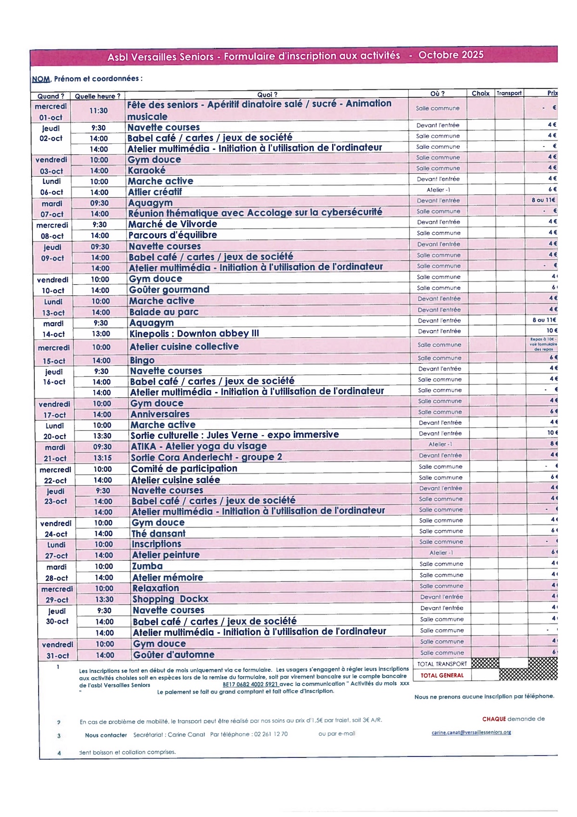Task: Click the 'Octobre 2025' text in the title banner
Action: (x=451, y=55)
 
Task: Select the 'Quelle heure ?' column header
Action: (x=98, y=96)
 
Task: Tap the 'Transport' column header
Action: (x=509, y=93)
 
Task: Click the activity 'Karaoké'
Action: (x=147, y=170)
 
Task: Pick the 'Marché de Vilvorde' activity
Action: (x=173, y=224)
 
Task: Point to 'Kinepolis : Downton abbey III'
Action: (x=194, y=333)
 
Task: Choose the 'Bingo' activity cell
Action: (x=142, y=360)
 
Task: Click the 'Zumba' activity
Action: (x=148, y=566)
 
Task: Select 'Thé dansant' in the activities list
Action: (x=159, y=534)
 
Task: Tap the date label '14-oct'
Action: (x=53, y=334)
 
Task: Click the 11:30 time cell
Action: (x=99, y=111)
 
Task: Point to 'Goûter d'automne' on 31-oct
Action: (x=174, y=655)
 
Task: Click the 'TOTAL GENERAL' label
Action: (x=442, y=676)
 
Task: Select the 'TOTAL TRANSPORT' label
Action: (x=442, y=664)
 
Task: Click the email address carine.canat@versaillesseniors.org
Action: (x=471, y=732)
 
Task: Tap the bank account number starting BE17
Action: (x=250, y=684)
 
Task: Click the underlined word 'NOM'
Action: (x=41, y=79)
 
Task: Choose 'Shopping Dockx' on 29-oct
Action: (x=170, y=599)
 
